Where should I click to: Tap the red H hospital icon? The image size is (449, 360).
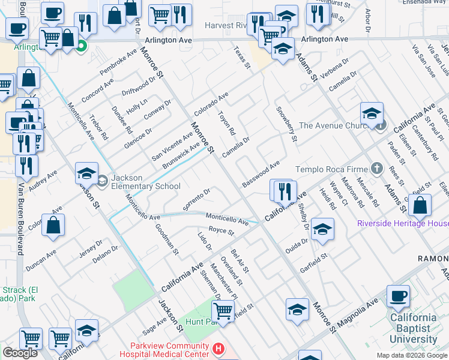[x=219, y=348]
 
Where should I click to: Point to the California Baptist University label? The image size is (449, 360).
[x=413, y=329]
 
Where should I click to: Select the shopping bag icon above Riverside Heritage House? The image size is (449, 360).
[x=421, y=205]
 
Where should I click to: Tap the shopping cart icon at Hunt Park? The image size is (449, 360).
[x=223, y=311]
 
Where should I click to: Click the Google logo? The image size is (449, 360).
[x=20, y=353]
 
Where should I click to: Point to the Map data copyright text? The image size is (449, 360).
[x=412, y=355]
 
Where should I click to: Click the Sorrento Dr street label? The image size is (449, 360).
[x=196, y=200]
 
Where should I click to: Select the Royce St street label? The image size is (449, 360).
[x=220, y=230]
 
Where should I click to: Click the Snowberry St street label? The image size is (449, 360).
[x=286, y=124]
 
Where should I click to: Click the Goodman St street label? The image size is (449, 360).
[x=167, y=239]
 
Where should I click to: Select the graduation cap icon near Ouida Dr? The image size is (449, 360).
[x=322, y=230]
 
